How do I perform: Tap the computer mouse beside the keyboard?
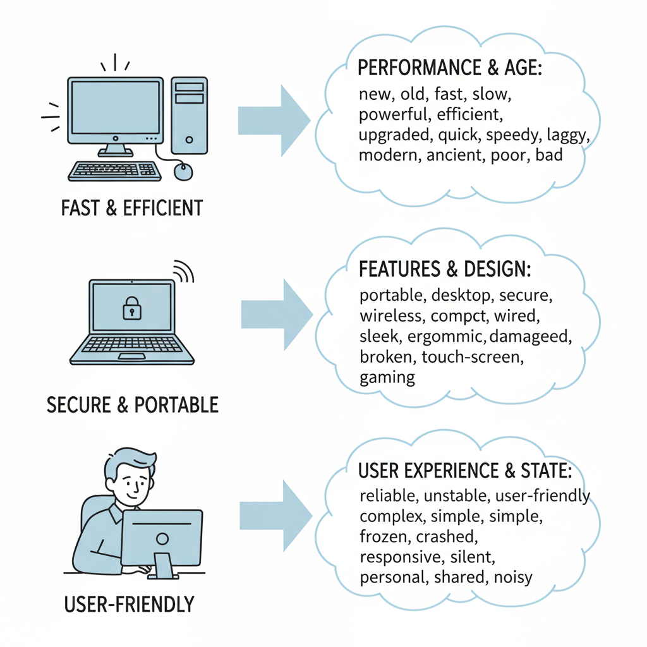183,171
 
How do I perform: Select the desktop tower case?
189,115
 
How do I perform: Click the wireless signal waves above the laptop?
183,270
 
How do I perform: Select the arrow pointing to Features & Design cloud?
277,314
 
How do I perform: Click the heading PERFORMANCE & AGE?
450,68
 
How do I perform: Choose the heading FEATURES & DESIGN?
445,269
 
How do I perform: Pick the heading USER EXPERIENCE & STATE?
464,471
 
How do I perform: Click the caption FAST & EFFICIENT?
131,208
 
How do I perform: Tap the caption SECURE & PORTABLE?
133,404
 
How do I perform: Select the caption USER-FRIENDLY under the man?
129,605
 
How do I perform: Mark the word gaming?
387,378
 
